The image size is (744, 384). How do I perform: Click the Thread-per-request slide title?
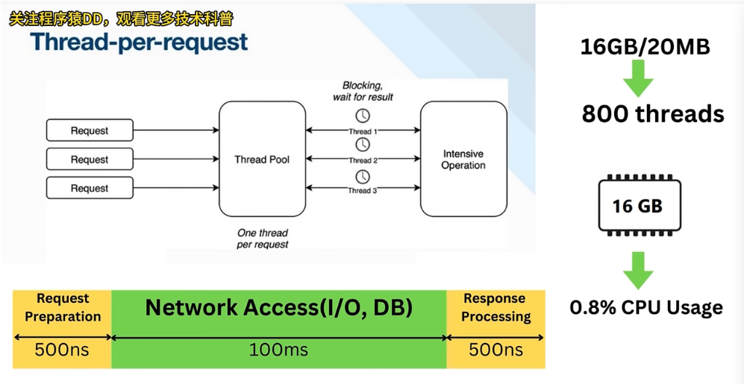[140, 42]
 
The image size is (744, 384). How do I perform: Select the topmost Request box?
[90, 130]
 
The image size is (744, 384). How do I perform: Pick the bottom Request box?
[90, 189]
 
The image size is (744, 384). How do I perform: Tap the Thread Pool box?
[262, 159]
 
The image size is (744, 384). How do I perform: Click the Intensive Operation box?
[463, 159]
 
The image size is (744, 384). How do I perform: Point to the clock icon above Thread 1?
[362, 116]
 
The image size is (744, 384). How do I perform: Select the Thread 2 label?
[363, 160]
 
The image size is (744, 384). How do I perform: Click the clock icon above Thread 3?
[362, 177]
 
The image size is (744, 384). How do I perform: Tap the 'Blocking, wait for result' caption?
[363, 91]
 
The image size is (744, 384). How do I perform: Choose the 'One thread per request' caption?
[263, 239]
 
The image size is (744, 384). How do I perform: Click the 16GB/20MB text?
[645, 47]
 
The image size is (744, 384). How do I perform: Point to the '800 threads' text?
[653, 113]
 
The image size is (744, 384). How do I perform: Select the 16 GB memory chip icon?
[637, 205]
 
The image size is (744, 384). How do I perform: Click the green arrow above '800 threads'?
[638, 78]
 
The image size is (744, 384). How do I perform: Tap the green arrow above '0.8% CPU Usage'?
[638, 270]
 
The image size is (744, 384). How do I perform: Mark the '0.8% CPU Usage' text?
[646, 307]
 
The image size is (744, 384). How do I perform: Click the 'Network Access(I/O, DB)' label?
[278, 307]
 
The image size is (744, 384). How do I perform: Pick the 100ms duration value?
[278, 349]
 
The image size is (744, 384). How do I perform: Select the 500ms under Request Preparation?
[63, 349]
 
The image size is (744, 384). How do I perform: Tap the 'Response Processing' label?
[496, 307]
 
